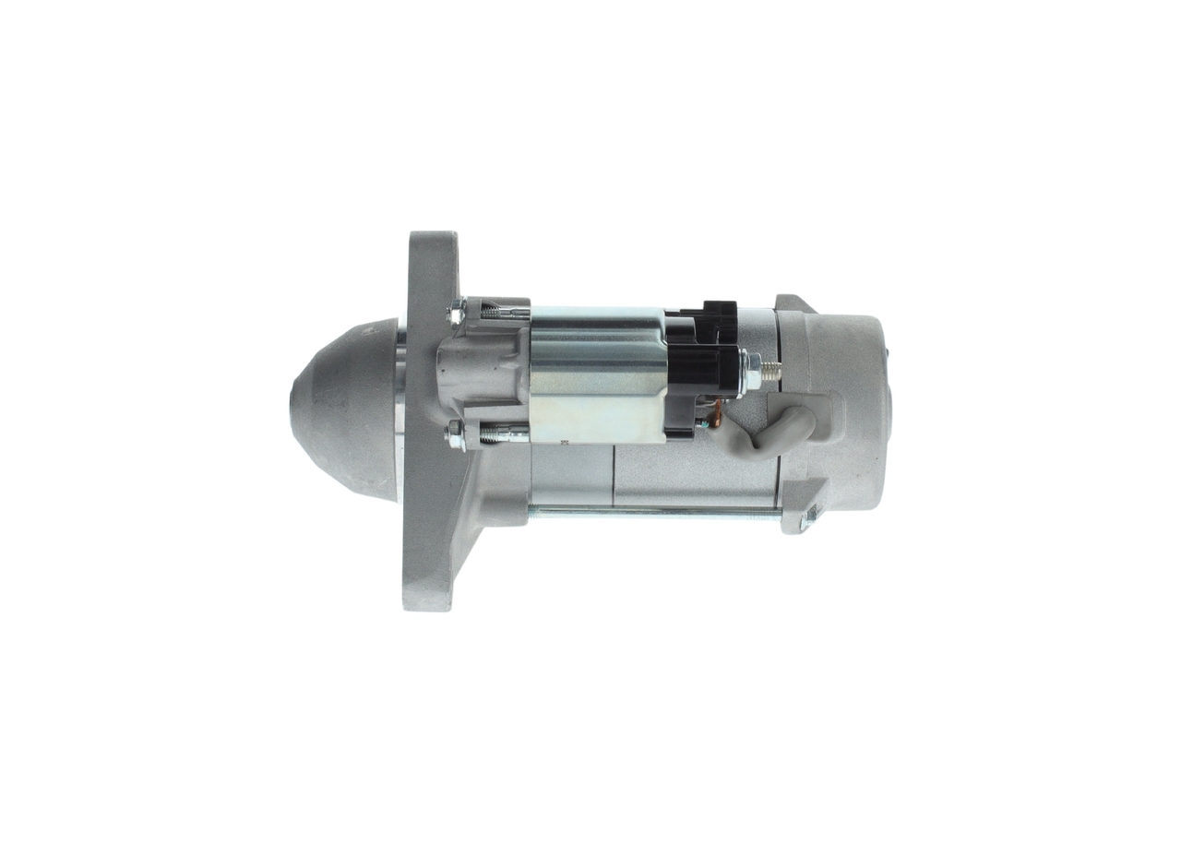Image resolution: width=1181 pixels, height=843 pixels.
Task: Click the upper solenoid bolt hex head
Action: [455, 313]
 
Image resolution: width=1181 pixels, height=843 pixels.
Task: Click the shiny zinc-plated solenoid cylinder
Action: [595, 374]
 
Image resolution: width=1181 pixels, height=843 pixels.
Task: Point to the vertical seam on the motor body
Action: [614, 475]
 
